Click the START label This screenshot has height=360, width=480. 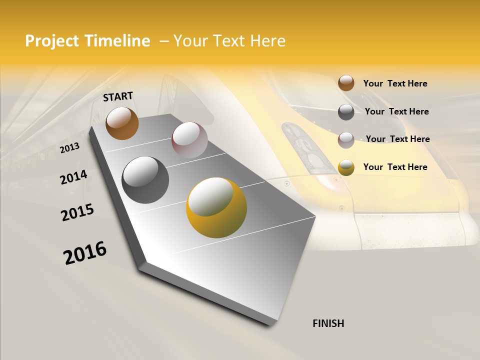tap(118, 96)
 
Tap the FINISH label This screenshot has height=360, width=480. tap(328, 323)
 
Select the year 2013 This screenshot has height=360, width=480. tap(70, 148)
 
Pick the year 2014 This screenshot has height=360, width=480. tap(74, 177)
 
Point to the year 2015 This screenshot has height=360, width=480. tap(77, 212)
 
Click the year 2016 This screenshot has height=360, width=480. tap(85, 253)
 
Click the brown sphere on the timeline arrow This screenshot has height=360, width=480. tap(122, 123)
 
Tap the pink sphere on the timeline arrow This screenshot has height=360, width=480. tap(189, 140)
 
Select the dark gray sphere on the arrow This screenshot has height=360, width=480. tap(145, 180)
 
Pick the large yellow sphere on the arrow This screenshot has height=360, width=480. tap(216, 207)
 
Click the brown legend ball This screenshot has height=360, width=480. tap(346, 83)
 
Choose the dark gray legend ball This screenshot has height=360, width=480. tap(346, 112)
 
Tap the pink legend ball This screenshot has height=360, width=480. tap(346, 140)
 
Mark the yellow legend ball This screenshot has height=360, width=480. tap(346, 167)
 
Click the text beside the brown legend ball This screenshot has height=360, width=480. tap(395, 83)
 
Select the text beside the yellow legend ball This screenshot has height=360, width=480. tap(395, 167)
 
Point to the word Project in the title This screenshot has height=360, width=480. tap(52, 41)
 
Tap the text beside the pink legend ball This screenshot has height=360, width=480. tap(397, 139)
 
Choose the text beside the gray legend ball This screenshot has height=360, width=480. tap(396, 111)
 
